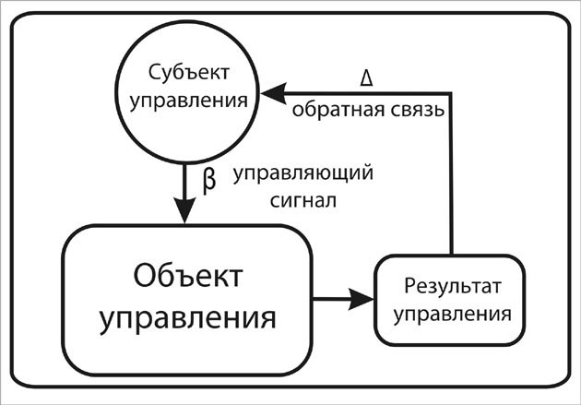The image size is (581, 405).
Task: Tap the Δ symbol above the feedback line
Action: (366, 77)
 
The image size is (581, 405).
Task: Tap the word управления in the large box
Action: (188, 318)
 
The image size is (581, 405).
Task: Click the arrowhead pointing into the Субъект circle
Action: (269, 92)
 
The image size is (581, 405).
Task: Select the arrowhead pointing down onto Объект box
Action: (186, 211)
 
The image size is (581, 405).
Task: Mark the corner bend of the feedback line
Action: (451, 92)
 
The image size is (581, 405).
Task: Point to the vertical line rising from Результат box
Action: (451, 175)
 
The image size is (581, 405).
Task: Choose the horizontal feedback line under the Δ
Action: (369, 92)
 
